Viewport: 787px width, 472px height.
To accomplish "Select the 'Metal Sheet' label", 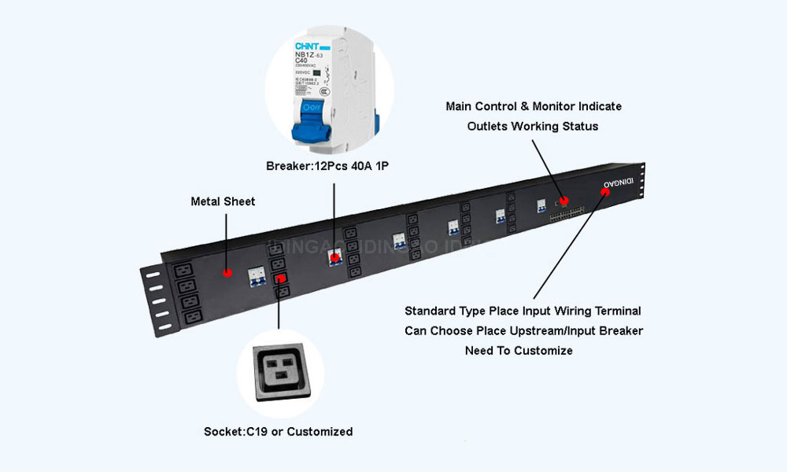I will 223,201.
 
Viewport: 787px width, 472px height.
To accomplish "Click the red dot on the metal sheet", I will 227,273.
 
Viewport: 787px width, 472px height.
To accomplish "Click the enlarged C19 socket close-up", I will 281,373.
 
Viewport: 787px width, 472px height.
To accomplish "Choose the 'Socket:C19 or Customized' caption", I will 278,431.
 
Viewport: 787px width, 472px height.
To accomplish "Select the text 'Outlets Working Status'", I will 532,126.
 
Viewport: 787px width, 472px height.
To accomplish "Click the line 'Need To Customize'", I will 519,351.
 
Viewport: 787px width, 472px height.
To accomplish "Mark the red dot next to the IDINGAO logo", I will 604,193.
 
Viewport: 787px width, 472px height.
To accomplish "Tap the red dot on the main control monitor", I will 564,201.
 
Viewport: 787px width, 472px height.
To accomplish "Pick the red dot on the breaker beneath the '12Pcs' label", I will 336,256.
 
